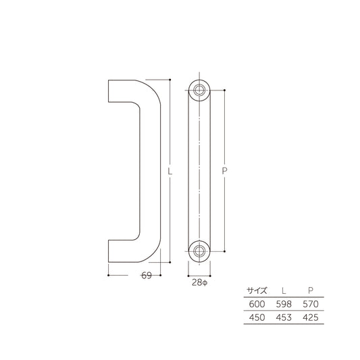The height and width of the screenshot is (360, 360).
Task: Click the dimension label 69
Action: pos(145,276)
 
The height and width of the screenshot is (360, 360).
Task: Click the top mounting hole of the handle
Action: pos(199,90)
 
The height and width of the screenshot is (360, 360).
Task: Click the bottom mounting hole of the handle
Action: pos(199,251)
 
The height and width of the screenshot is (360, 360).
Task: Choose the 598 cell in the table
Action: pos(284,304)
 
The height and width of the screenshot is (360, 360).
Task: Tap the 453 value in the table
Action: pos(284,317)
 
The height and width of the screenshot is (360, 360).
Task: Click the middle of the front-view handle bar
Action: pos(199,170)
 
